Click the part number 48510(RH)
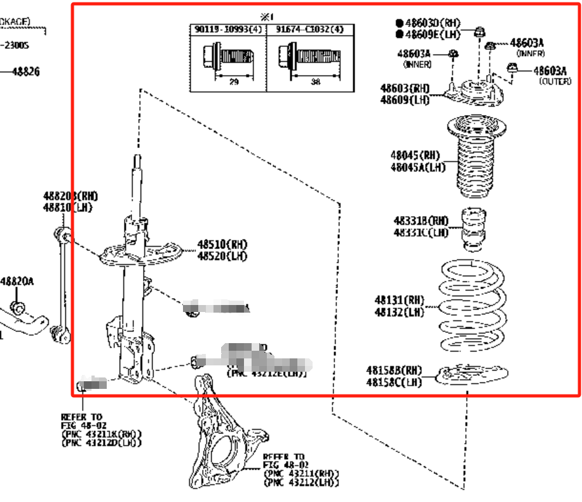click(222, 244)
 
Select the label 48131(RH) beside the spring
click(399, 300)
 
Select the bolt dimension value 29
click(234, 83)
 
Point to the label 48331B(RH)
click(420, 220)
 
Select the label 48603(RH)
click(405, 88)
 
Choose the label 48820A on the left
click(17, 281)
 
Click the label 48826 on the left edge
click(25, 72)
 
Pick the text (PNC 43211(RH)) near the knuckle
click(301, 473)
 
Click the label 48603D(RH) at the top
click(433, 23)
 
